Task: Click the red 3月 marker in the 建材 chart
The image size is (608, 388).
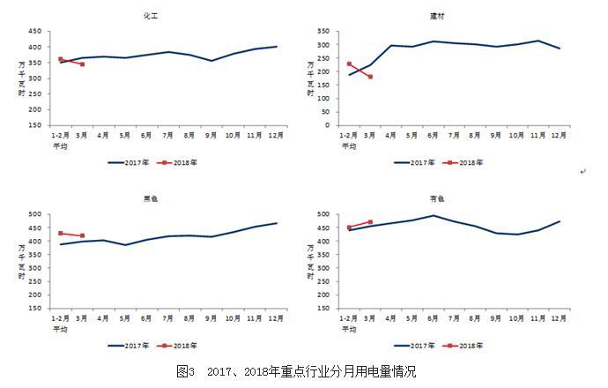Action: [370, 77]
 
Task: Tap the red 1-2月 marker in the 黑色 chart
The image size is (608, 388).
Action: [60, 233]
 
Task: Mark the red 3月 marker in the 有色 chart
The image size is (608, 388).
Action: [370, 222]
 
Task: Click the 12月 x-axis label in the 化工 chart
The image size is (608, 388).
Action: [276, 135]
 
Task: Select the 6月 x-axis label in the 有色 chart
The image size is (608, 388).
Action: [433, 319]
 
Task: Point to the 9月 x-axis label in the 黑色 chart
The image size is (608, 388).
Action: [211, 319]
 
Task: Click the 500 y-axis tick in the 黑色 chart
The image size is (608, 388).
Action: [35, 214]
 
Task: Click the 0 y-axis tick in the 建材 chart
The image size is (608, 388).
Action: [326, 125]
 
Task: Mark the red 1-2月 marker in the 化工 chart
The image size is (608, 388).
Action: [60, 59]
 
